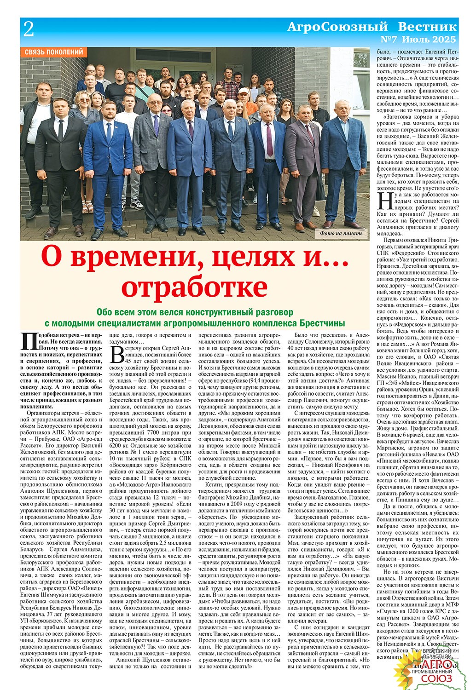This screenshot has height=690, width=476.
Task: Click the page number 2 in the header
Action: (29, 30)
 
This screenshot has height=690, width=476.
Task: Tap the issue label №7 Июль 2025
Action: (419, 39)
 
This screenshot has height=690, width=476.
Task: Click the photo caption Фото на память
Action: (341, 233)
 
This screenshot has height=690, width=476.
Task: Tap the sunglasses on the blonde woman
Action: (85, 100)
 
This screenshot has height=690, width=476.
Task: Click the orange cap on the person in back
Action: (243, 91)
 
